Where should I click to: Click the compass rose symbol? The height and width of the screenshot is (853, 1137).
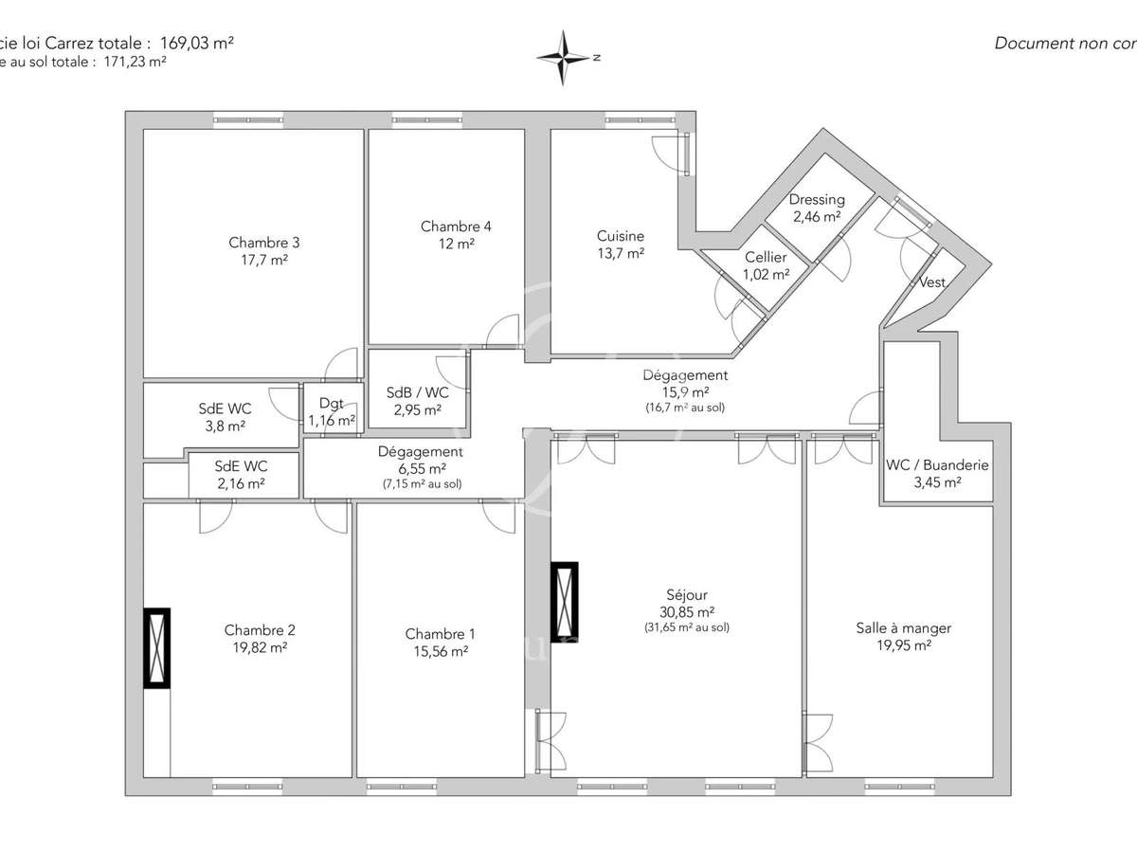pos(565,58)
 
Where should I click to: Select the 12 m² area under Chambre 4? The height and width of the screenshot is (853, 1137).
pos(456,244)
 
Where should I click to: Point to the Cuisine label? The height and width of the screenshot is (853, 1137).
pos(621,236)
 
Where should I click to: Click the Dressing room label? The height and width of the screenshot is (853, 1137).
pos(817,200)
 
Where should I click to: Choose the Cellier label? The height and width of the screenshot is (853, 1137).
pos(766,258)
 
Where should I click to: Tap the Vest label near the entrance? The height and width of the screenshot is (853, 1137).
pos(931,282)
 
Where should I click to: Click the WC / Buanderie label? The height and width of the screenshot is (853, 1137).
pos(937,465)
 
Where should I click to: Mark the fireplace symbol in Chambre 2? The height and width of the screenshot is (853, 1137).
pos(156,647)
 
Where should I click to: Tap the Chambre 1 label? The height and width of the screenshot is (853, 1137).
pos(441,634)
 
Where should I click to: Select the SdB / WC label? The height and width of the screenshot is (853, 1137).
pos(418,393)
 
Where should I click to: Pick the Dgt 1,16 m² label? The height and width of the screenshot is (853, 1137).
pos(332,403)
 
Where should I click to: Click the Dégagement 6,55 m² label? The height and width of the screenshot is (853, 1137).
pos(421,452)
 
